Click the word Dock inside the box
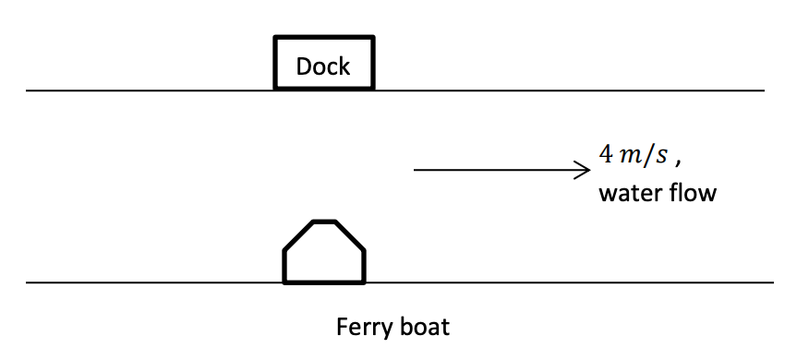(x=323, y=66)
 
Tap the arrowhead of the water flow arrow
(x=586, y=170)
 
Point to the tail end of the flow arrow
(x=416, y=170)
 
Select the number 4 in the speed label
(x=606, y=154)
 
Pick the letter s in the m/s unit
(x=661, y=156)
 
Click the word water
(x=625, y=195)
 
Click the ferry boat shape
(x=324, y=254)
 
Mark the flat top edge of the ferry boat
(x=324, y=222)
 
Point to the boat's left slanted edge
(x=298, y=235)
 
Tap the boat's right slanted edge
(x=350, y=235)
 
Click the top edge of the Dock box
(x=324, y=38)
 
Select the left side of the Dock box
(x=276, y=64)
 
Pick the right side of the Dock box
(x=373, y=64)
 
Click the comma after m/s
(x=678, y=162)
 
